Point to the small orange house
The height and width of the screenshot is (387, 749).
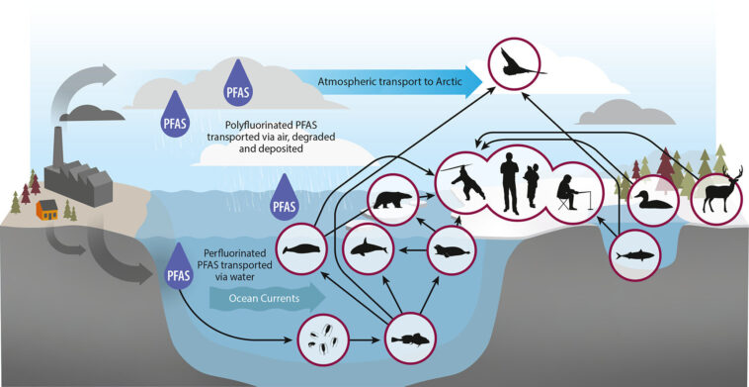(x=45, y=209)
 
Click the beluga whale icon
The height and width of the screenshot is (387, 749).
(x=302, y=249)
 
